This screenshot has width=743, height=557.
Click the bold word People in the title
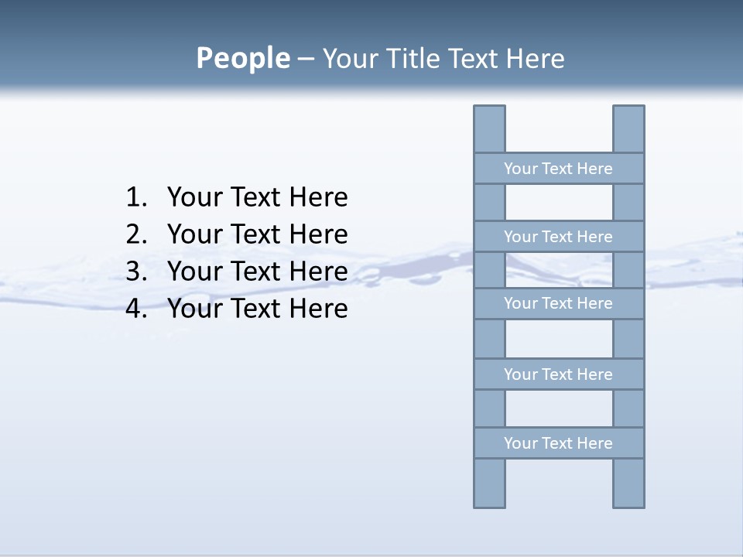pos(242,58)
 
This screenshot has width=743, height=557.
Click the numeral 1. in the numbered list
pos(136,197)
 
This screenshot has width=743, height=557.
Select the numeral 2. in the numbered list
pos(136,234)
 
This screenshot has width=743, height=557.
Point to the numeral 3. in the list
pos(136,272)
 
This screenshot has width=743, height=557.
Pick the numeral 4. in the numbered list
pos(136,309)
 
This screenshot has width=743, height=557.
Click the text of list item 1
pos(257,197)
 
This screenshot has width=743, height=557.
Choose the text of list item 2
pos(257,234)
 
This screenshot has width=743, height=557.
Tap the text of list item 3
pos(257,272)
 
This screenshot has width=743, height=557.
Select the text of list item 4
pos(257,309)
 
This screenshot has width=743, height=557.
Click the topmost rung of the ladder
pos(558,169)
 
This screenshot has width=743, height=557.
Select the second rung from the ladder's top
pos(558,237)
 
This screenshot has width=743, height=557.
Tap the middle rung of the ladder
pos(558,303)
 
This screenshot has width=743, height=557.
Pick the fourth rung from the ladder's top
pos(558,374)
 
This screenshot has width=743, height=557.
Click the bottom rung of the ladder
pos(558,443)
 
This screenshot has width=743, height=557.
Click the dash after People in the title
pos(306,59)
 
